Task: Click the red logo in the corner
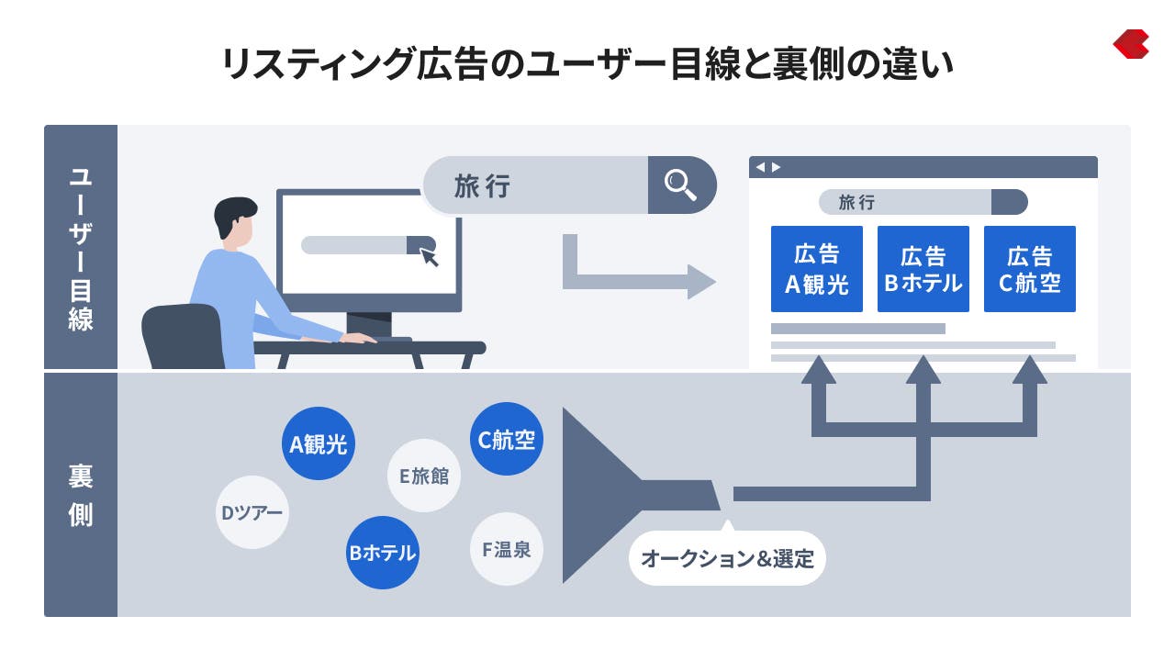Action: pyautogui.click(x=1131, y=44)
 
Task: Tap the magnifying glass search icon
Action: pyautogui.click(x=680, y=185)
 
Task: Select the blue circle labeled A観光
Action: pyautogui.click(x=318, y=443)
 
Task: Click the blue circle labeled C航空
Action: pyautogui.click(x=506, y=439)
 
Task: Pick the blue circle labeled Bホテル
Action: pyautogui.click(x=383, y=553)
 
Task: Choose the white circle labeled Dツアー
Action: pyautogui.click(x=252, y=512)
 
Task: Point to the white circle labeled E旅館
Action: pyautogui.click(x=423, y=476)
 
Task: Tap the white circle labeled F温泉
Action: pyautogui.click(x=506, y=549)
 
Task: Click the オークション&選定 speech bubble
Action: pyautogui.click(x=727, y=557)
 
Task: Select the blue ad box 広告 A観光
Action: pyautogui.click(x=816, y=269)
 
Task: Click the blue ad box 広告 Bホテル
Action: pyautogui.click(x=923, y=269)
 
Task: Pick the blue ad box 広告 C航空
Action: pyautogui.click(x=1029, y=269)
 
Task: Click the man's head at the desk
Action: pyautogui.click(x=235, y=222)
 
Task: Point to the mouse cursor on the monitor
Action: pyautogui.click(x=429, y=256)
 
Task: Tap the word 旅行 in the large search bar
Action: pyautogui.click(x=482, y=185)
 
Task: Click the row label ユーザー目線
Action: pyautogui.click(x=81, y=247)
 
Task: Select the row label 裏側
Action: pyautogui.click(x=81, y=496)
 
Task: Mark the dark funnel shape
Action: pyautogui.click(x=606, y=495)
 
